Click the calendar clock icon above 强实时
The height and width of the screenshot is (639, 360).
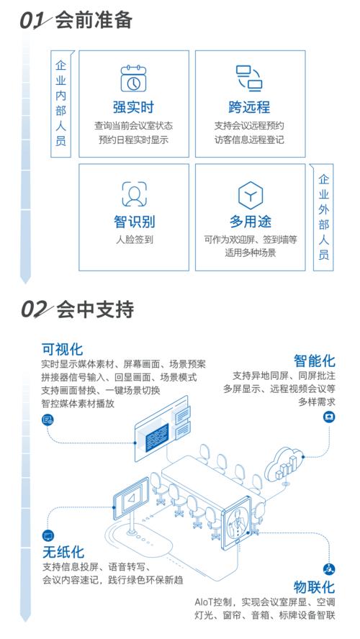click(133, 78)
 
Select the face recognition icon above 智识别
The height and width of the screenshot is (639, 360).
click(134, 195)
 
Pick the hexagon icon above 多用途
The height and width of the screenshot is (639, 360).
click(251, 195)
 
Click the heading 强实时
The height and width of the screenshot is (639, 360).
click(133, 108)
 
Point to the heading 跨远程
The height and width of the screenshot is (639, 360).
click(250, 108)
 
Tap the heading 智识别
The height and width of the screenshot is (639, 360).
click(134, 222)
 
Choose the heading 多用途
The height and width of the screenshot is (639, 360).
click(251, 222)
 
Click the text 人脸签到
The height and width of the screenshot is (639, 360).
click(134, 240)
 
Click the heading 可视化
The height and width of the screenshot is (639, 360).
click(62, 349)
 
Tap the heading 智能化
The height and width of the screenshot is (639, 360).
click(315, 361)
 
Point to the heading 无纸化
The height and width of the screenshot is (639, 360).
click(63, 553)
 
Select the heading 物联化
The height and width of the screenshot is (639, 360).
click(315, 587)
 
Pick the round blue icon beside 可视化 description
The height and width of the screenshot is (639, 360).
click(48, 420)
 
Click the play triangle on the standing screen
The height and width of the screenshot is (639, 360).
click(131, 499)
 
